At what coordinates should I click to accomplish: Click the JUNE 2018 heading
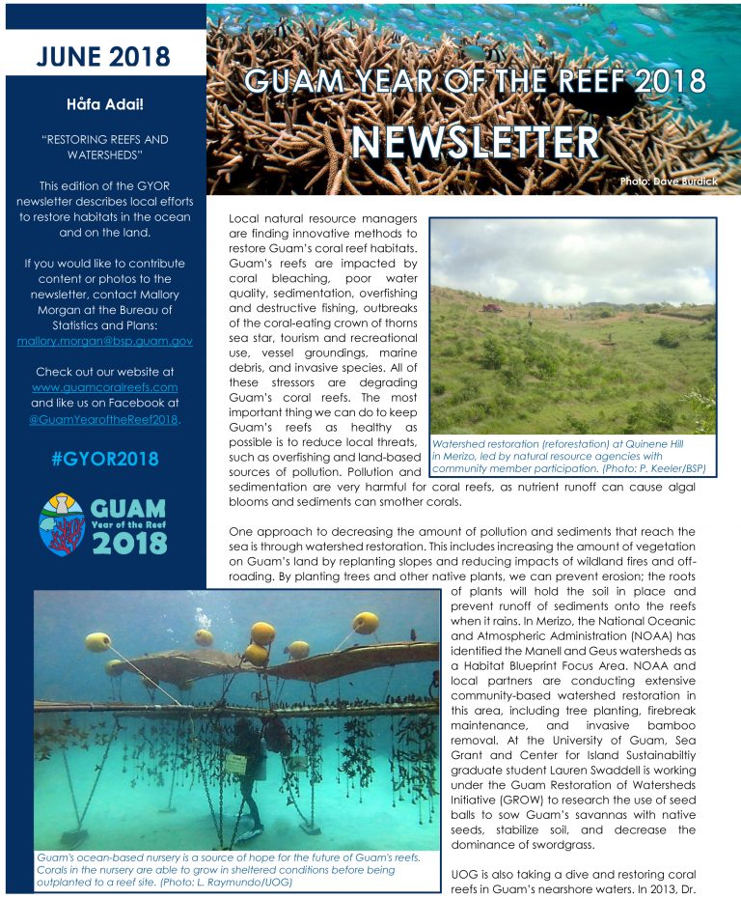[103, 55]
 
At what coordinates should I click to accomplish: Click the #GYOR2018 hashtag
[103, 458]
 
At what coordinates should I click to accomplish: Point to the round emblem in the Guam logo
[62, 523]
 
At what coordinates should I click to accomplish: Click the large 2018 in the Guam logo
[128, 543]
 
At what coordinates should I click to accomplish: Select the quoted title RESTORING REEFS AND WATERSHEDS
[103, 146]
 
